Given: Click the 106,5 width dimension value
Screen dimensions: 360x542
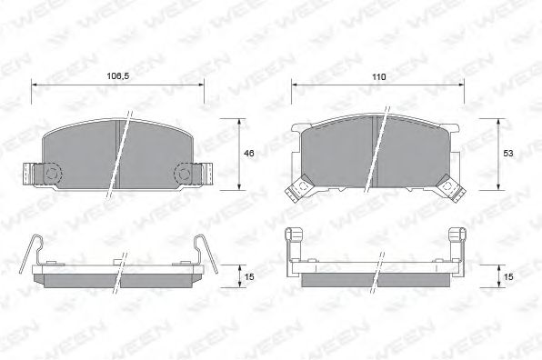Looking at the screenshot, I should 118,76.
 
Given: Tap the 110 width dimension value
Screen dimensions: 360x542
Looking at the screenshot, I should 378,76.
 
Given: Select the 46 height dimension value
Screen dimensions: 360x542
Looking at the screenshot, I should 248,154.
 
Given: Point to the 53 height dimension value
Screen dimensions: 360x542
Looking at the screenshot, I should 507,154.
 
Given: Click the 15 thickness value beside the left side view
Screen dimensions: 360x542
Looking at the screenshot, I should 248,274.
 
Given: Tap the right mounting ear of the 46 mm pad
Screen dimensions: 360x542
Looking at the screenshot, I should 195,171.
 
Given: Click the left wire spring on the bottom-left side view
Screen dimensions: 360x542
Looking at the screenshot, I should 34,250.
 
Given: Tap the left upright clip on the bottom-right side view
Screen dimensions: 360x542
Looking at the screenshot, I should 293,245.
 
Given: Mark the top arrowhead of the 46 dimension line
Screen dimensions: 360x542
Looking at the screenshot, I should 240,121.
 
